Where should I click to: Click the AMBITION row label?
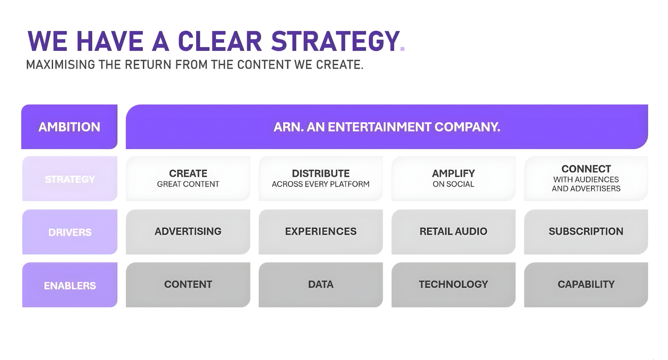point(69,127)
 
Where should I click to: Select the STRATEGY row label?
point(70,179)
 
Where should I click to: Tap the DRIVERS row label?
point(70,232)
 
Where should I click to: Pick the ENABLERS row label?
point(70,285)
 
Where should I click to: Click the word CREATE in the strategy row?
point(188,173)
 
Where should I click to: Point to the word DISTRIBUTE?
point(321,173)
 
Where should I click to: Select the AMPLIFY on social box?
point(453,179)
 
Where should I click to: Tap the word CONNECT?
point(586,169)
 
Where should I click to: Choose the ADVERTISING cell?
point(188,232)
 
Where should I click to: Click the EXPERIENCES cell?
point(321,232)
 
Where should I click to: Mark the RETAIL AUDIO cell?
point(453,232)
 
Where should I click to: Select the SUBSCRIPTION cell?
point(586,232)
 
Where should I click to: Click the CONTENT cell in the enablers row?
point(188,285)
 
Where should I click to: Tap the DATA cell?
point(321,285)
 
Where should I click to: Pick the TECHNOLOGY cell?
point(453,285)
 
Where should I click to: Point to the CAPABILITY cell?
point(586,285)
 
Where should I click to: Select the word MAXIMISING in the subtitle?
point(61,64)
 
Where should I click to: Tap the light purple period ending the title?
point(402,48)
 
